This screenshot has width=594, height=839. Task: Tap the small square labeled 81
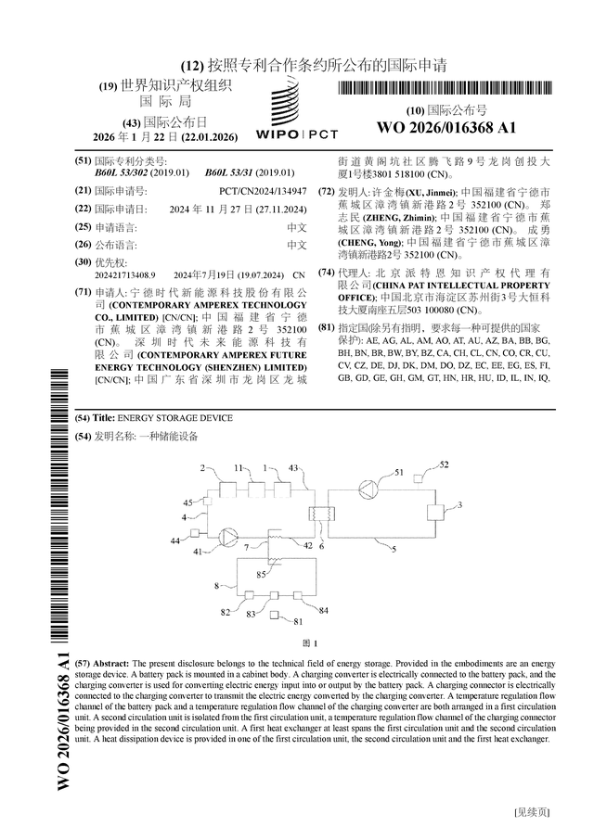click(x=276, y=616)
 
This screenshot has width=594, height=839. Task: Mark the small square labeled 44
click(x=197, y=532)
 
